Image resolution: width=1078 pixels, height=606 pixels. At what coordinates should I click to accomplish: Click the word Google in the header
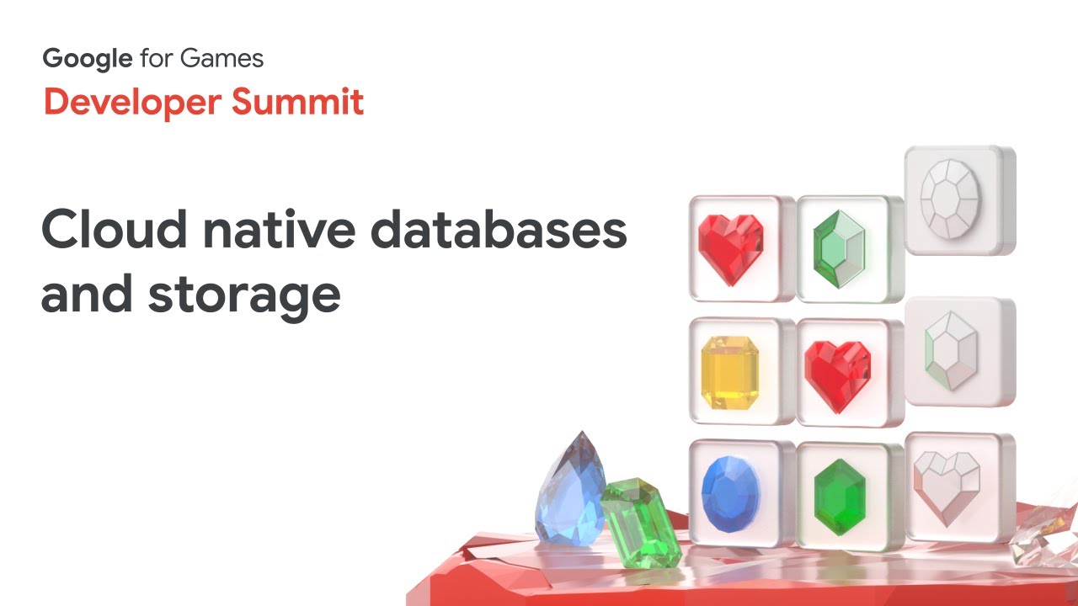[x=88, y=59]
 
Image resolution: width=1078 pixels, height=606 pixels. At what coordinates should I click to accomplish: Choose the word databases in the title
[x=499, y=229]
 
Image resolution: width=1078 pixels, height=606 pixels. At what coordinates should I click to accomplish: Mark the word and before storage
[x=88, y=295]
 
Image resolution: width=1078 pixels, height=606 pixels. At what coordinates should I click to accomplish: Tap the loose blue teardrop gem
[x=570, y=488]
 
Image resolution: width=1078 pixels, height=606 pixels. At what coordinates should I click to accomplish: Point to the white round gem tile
[x=951, y=199]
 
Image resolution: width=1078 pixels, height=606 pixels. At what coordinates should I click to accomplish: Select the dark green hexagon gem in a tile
[x=840, y=496]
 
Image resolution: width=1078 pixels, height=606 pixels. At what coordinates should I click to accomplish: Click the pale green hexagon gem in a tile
[x=839, y=248]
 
